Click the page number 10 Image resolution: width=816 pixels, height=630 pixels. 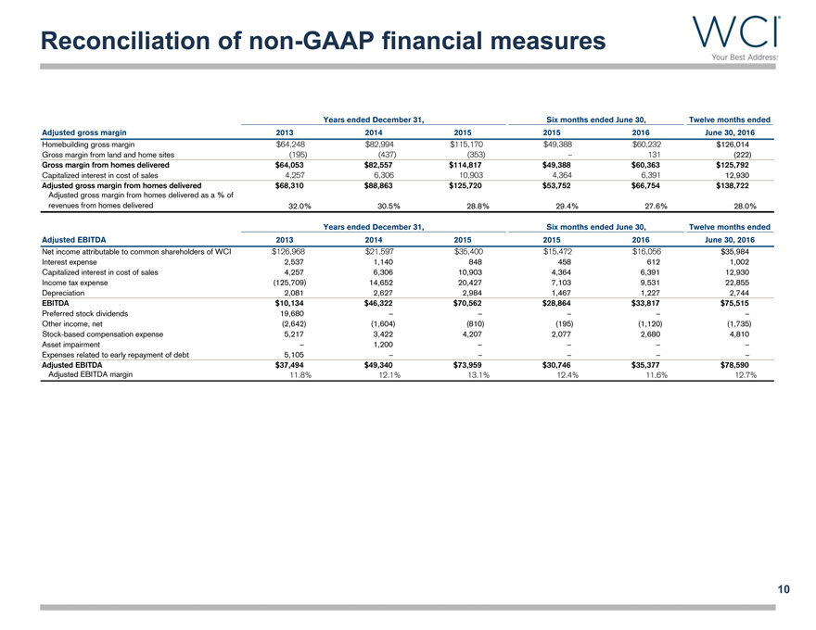tap(784, 588)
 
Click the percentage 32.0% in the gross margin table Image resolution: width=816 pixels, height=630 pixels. tap(294, 206)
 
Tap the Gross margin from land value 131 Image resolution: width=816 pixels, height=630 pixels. tap(655, 155)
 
